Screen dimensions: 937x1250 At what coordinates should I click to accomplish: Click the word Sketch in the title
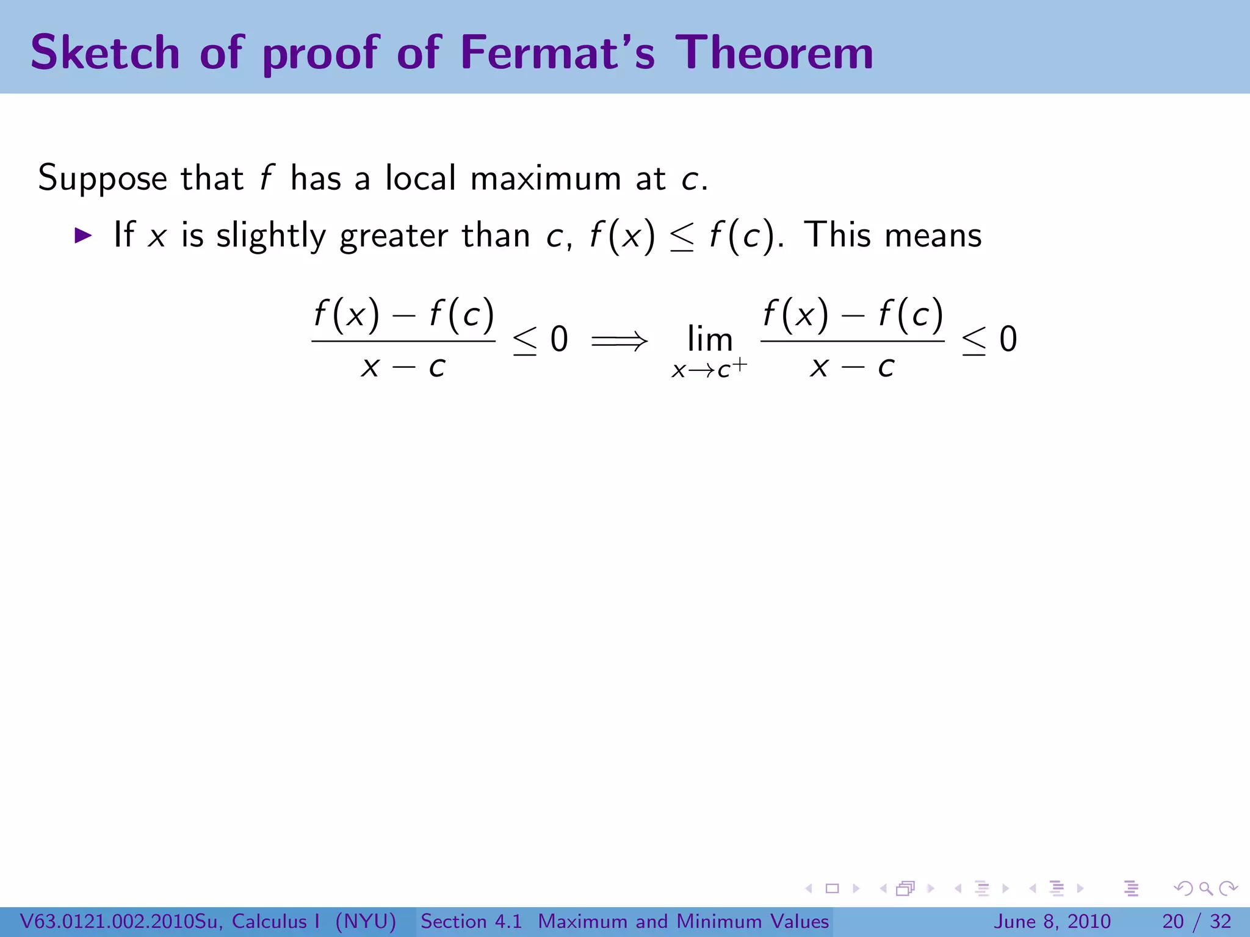point(105,52)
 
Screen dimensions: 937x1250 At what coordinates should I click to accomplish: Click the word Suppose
point(103,179)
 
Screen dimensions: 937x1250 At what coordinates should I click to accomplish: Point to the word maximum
point(546,179)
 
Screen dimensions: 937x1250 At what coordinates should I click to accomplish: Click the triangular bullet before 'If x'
point(82,235)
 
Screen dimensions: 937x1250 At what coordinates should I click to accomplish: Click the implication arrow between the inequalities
point(619,340)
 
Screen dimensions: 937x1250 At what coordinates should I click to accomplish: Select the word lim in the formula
point(709,339)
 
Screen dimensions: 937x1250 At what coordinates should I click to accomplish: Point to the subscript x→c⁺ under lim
point(709,369)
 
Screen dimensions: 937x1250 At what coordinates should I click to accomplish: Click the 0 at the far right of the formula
point(1008,339)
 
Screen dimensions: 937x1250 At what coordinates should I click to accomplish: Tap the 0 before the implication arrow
point(559,339)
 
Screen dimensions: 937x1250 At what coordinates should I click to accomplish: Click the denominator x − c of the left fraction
point(403,367)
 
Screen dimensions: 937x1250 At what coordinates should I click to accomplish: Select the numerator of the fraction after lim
point(853,315)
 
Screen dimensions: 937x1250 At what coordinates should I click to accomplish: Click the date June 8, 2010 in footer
point(1052,921)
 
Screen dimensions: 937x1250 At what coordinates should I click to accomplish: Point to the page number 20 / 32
point(1196,921)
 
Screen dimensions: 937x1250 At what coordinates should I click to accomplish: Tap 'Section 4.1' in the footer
point(471,921)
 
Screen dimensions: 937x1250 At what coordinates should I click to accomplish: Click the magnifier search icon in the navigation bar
point(1206,888)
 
